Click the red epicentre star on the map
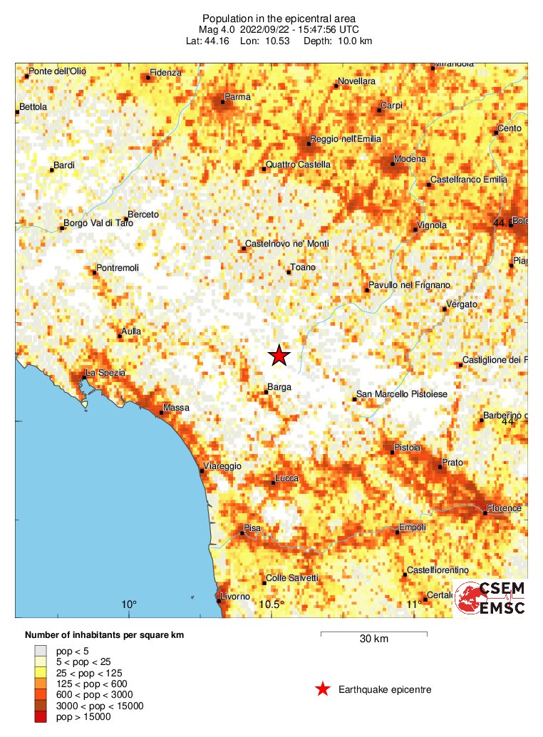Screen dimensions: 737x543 coord(279,355)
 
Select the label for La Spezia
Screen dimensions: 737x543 coord(105,373)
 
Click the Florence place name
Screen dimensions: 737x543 coord(505,508)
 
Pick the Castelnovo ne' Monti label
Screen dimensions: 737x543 coord(286,244)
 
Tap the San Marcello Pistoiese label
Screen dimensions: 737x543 coord(402,395)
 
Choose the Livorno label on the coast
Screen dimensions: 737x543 coord(236,596)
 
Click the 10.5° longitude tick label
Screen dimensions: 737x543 coord(271,605)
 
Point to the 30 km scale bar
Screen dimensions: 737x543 coord(373,633)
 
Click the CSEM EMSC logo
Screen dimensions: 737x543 coord(490,598)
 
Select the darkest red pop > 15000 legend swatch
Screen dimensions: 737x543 coord(41,716)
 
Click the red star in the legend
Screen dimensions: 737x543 coord(323,689)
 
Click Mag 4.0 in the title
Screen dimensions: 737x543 coord(219,29)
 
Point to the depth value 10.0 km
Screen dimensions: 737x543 coord(353,41)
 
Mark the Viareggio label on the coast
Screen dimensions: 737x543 coord(224,466)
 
